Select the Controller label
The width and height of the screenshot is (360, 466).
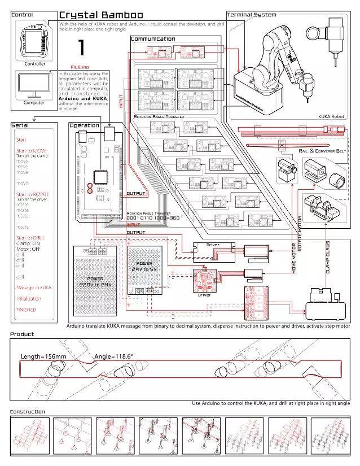(x=34, y=64)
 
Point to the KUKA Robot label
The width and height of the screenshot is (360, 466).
(x=332, y=116)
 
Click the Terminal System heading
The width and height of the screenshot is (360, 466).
(x=252, y=14)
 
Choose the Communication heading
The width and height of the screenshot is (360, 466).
(x=153, y=39)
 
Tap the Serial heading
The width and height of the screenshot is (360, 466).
(x=20, y=125)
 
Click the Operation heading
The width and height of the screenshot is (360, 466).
(x=84, y=125)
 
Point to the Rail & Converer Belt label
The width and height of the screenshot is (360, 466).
(x=322, y=151)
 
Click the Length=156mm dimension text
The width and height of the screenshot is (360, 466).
(x=43, y=356)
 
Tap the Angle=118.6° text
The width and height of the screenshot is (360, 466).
(x=113, y=356)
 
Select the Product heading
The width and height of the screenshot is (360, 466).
(x=22, y=334)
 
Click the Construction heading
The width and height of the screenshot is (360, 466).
(x=28, y=412)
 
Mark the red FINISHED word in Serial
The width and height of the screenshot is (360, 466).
(x=27, y=310)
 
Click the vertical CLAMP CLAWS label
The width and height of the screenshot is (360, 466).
(x=327, y=257)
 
